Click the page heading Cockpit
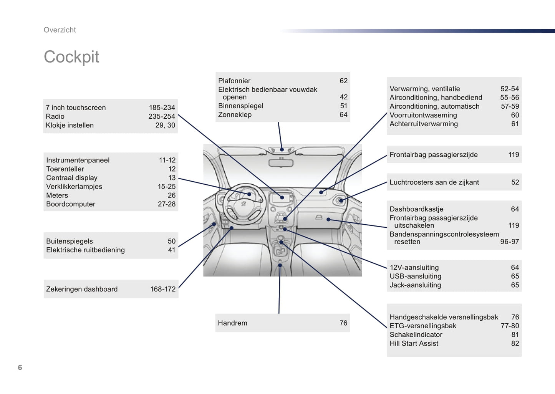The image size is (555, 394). tap(71, 57)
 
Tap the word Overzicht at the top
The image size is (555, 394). tap(60, 30)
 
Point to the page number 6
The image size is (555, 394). tap(20, 368)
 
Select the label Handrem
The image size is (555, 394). tap(232, 323)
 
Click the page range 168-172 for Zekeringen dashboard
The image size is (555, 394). tap(162, 289)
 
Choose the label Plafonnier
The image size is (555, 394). tap(234, 81)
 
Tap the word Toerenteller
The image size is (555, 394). tap(65, 169)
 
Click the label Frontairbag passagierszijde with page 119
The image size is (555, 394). tap(434, 155)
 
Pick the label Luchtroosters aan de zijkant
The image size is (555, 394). tap(434, 182)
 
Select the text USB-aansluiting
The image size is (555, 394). tap(415, 276)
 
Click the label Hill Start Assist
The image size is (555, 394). tap(414, 343)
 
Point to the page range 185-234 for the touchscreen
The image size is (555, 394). tap(162, 108)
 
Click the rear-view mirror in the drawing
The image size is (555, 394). tap(281, 163)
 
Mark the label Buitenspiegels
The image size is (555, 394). tap(69, 241)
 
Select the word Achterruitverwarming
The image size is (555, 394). tap(424, 124)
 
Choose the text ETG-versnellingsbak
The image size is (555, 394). tap(423, 326)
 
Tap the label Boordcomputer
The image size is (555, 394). tap(71, 204)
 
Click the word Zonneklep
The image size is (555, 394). tap(235, 115)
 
